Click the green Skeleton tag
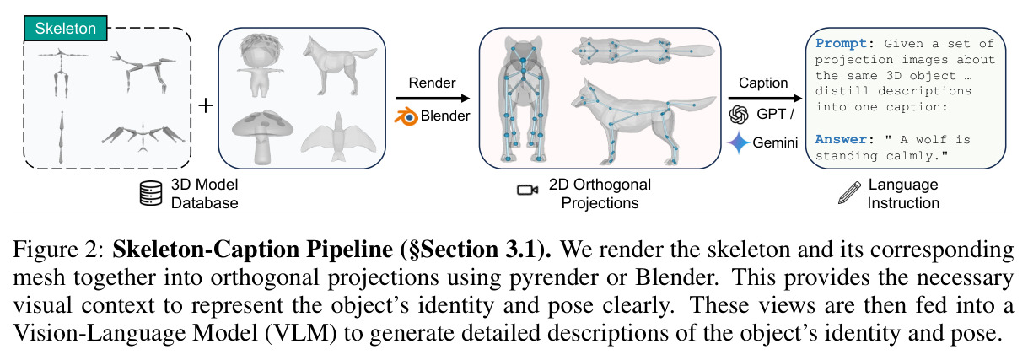click(x=65, y=29)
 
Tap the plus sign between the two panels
click(x=206, y=106)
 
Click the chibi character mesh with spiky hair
click(x=260, y=65)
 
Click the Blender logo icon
click(x=406, y=116)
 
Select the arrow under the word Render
click(x=433, y=98)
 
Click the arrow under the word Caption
click(x=765, y=98)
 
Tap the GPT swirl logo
click(x=739, y=115)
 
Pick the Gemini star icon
click(x=739, y=142)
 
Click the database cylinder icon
click(x=151, y=193)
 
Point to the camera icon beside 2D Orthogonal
click(x=527, y=190)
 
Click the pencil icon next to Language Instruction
click(x=849, y=192)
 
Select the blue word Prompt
click(x=842, y=44)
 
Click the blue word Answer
click(x=842, y=139)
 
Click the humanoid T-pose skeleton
click(x=62, y=72)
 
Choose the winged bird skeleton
click(x=143, y=137)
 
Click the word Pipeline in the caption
click(x=350, y=250)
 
